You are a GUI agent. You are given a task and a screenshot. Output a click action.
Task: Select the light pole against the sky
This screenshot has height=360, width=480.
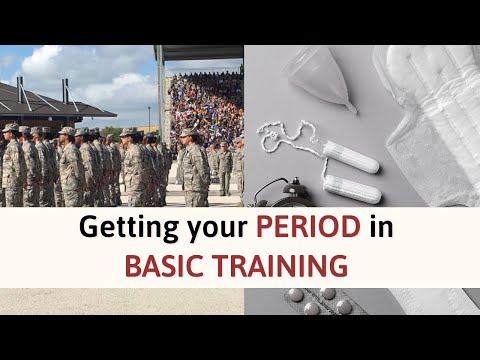(148, 115)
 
